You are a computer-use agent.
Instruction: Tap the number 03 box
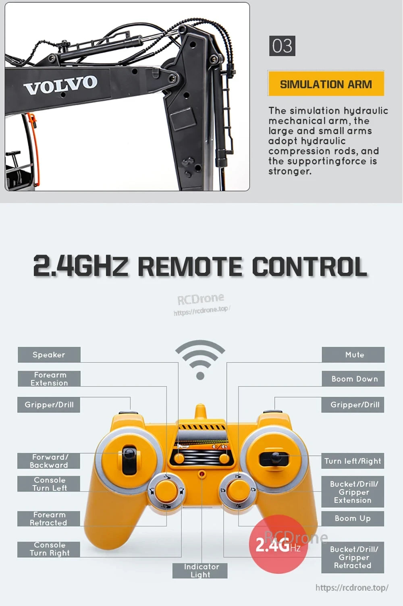(x=282, y=46)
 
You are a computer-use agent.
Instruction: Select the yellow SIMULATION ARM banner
(x=326, y=84)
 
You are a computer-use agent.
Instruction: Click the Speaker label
(x=49, y=355)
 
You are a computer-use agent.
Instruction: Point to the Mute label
(x=353, y=355)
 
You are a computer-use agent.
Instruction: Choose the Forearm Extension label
(x=49, y=379)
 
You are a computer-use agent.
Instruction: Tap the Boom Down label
(x=353, y=379)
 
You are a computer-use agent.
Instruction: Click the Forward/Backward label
(x=49, y=461)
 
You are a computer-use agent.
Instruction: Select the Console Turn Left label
(x=49, y=484)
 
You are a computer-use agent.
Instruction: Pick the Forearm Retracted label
(x=49, y=519)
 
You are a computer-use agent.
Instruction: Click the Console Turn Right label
(x=49, y=549)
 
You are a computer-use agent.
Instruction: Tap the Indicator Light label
(x=200, y=571)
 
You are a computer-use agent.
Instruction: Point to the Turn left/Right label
(x=353, y=461)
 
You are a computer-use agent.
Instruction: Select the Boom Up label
(x=353, y=519)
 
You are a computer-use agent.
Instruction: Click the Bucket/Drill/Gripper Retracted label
(x=353, y=557)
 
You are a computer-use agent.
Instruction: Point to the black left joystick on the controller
(x=129, y=455)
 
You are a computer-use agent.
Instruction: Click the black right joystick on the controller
(x=274, y=458)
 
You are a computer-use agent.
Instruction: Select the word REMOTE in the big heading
(x=190, y=267)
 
